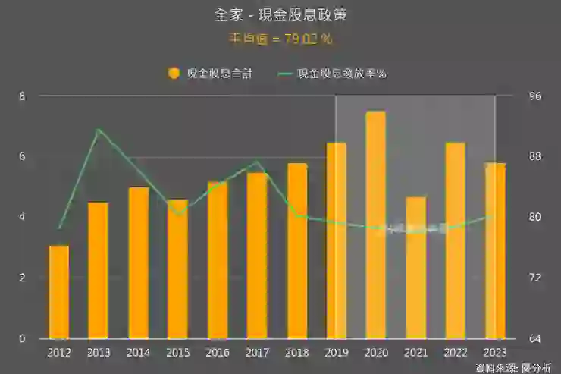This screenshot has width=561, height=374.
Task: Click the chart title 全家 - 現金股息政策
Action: tap(280, 15)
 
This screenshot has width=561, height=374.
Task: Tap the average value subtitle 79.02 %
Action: tap(280, 38)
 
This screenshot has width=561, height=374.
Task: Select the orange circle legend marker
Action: tap(174, 74)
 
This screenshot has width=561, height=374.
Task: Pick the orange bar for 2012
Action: tap(59, 292)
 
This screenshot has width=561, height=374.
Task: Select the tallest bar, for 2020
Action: tap(376, 225)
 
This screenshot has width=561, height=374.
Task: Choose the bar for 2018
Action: tap(297, 250)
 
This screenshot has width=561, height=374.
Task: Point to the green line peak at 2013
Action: tap(99, 130)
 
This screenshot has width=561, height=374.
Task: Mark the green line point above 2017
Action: tap(258, 162)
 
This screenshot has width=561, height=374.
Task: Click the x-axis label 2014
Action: tap(138, 353)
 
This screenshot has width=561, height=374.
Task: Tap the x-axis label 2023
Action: tap(495, 353)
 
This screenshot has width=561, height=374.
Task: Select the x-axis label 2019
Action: tap(337, 353)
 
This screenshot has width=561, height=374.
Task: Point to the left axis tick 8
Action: tap(22, 96)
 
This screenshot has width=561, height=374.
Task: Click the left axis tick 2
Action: tap(22, 278)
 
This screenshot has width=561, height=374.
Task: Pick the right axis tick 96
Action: tap(535, 96)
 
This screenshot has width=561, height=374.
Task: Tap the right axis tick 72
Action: tap(535, 278)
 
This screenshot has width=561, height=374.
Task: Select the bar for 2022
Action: tap(455, 240)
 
